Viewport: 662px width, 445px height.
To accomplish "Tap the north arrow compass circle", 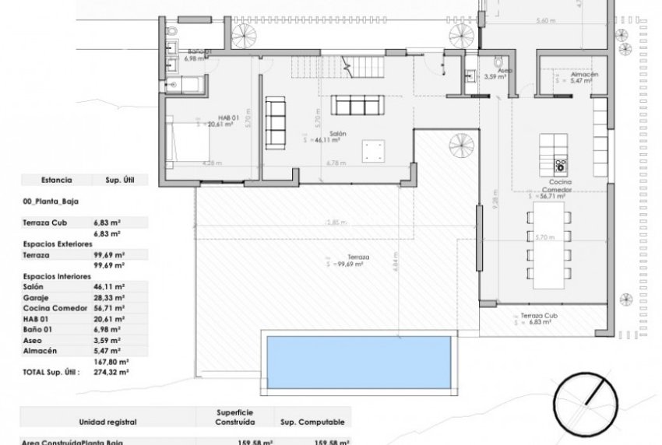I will (592, 402).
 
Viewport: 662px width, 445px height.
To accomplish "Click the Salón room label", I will (337, 134).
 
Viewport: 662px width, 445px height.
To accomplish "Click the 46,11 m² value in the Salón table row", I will (110, 286).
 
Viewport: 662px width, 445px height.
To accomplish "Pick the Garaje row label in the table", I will (37, 296).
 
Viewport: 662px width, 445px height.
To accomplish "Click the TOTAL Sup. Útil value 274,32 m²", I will (110, 373).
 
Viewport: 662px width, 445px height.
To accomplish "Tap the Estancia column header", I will (56, 179).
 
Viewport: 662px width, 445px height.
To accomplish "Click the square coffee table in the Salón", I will (374, 151).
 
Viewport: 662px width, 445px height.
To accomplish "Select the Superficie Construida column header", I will (235, 417).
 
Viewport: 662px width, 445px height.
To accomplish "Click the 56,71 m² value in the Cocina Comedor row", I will (110, 307).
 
